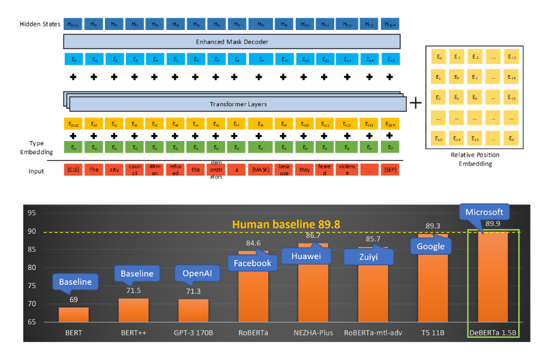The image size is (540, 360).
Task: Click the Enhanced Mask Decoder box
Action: tap(232, 41)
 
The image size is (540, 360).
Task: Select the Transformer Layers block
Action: tap(234, 104)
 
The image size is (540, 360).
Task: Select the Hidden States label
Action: tap(40, 24)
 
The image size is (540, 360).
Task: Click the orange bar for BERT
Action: tap(73, 314)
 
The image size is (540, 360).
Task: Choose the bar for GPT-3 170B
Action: tap(193, 310)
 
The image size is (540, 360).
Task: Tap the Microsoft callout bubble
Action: tap(484, 213)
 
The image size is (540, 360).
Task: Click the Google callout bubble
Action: tap(431, 246)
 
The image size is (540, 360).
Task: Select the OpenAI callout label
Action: tap(193, 274)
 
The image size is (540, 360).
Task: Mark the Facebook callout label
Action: tap(253, 262)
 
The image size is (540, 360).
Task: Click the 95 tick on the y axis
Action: tap(32, 213)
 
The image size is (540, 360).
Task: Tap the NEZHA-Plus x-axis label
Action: tap(312, 331)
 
